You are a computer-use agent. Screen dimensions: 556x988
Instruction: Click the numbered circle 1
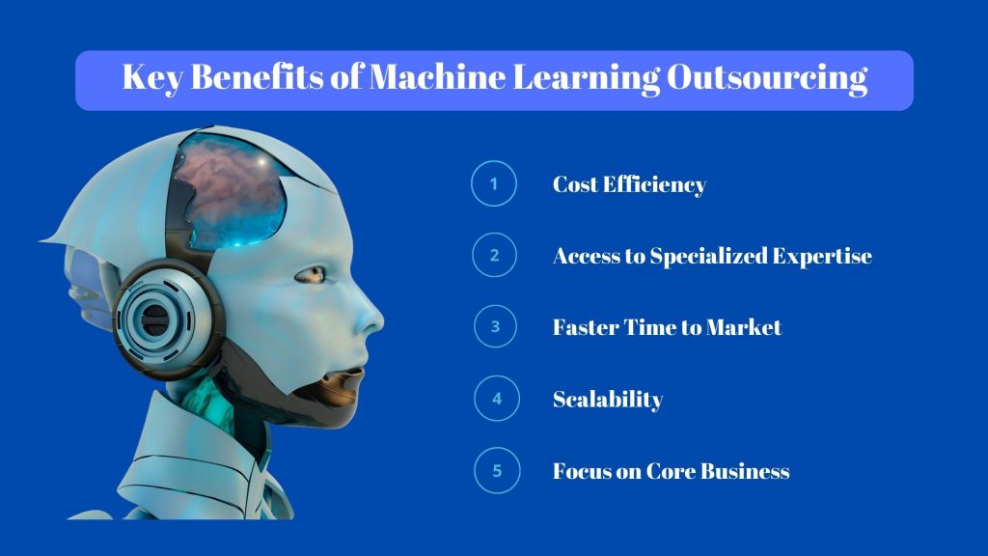click(495, 184)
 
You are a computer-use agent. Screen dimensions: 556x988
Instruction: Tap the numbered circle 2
click(495, 256)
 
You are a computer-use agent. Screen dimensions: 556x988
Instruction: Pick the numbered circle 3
click(495, 327)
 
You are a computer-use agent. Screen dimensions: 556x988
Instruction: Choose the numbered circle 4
click(495, 399)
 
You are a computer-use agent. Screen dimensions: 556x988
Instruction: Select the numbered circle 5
click(495, 471)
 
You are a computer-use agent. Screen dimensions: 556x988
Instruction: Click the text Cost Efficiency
click(629, 184)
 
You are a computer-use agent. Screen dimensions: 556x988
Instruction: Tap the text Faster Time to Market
click(667, 327)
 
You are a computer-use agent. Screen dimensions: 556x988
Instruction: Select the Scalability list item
click(608, 399)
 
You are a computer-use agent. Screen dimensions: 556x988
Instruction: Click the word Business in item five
click(745, 471)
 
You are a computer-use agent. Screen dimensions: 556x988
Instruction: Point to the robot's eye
click(310, 275)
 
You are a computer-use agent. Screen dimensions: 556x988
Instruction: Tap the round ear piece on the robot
click(155, 314)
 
